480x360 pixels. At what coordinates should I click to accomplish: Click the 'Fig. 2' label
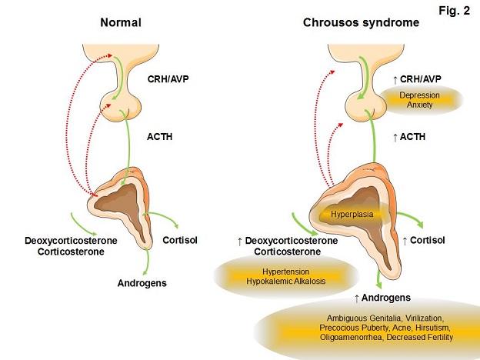click(454, 11)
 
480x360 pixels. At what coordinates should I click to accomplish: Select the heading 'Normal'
click(121, 22)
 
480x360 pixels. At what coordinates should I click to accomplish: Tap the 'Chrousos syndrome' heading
click(361, 22)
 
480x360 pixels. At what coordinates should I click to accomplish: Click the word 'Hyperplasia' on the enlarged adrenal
click(352, 214)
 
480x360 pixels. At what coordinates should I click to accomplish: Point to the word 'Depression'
click(419, 95)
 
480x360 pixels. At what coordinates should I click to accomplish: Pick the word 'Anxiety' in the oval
click(419, 105)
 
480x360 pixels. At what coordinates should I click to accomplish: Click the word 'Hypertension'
click(285, 272)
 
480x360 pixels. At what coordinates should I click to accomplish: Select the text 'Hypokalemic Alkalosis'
click(285, 281)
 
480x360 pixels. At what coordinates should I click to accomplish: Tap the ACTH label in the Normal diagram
click(159, 136)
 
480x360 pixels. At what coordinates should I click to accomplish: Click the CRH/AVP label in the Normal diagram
click(168, 79)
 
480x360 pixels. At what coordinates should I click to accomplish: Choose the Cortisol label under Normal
click(180, 240)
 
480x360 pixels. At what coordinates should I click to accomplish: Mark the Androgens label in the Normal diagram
click(142, 283)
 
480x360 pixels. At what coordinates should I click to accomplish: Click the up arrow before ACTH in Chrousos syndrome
click(395, 138)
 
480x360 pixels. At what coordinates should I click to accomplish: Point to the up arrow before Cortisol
click(405, 242)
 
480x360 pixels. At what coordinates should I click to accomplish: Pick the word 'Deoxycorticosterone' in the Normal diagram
click(71, 241)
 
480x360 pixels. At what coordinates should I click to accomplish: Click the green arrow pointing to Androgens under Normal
click(147, 261)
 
